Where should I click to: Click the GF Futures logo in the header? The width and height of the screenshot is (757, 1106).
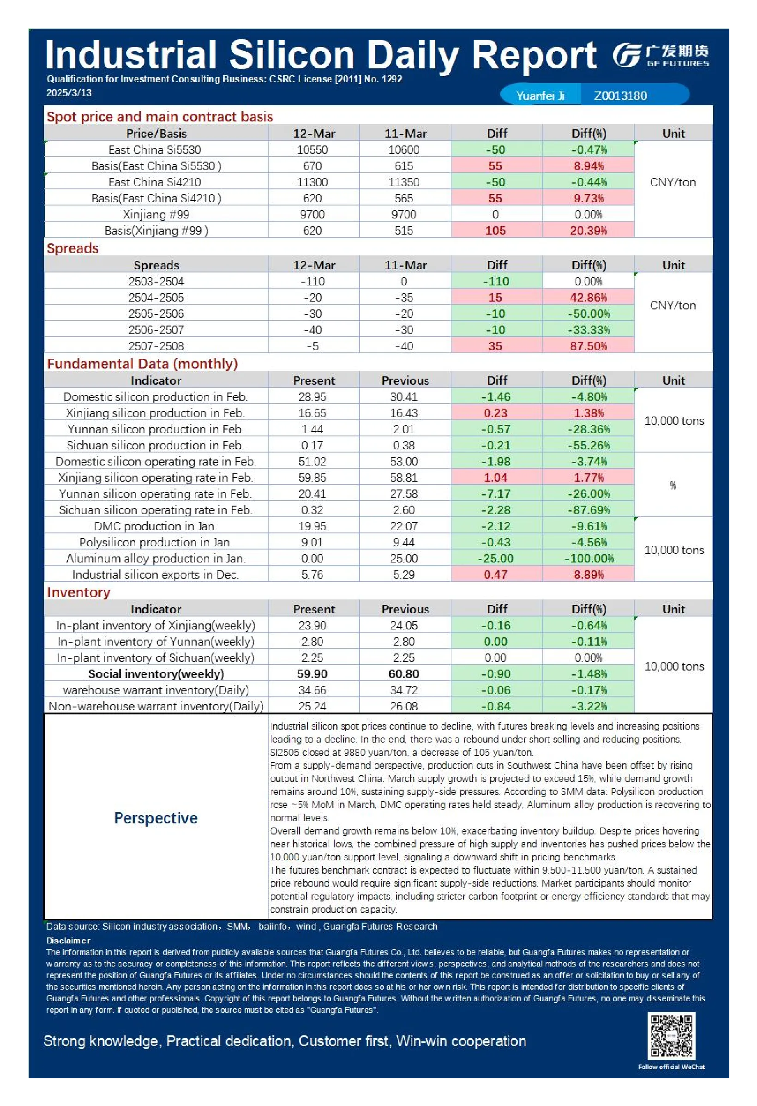(x=661, y=56)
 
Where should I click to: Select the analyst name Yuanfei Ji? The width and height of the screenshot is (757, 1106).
(x=540, y=96)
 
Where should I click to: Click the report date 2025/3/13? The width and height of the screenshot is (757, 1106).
(x=69, y=93)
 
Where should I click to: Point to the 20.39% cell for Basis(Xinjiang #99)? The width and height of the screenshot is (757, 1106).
(x=588, y=231)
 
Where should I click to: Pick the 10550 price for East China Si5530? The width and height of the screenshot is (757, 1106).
(x=312, y=150)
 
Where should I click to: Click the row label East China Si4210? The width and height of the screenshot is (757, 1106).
(x=155, y=182)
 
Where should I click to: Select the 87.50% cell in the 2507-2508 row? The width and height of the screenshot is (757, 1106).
(x=588, y=346)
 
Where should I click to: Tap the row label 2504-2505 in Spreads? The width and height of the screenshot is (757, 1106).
(x=156, y=297)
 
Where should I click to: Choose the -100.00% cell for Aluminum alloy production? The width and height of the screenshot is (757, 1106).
(x=589, y=558)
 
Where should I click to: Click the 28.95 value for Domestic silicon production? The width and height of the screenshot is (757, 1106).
(x=312, y=397)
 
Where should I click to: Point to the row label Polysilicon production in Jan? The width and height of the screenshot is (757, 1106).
(x=156, y=542)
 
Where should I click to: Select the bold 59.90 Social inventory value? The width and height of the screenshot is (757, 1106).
(x=312, y=674)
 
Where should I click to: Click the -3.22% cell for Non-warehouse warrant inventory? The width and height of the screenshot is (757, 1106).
(x=589, y=706)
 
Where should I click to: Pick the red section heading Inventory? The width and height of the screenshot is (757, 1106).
(x=78, y=592)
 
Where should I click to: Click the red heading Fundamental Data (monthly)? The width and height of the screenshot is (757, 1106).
(x=142, y=364)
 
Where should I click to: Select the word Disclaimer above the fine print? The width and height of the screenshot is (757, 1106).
(x=68, y=940)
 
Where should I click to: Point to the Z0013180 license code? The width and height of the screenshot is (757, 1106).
(x=620, y=96)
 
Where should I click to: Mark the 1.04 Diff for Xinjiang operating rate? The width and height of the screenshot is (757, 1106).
(x=495, y=477)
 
